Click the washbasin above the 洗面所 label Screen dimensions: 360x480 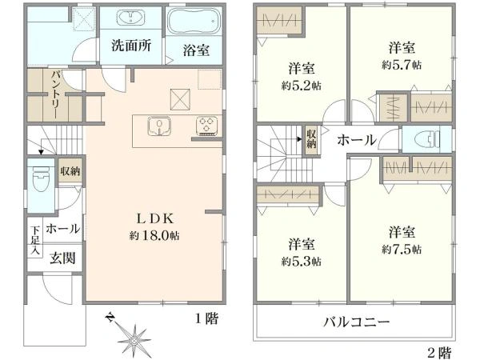click(129, 18)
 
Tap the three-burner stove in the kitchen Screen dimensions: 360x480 click(206, 125)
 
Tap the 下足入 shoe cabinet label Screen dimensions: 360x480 click(35, 239)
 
